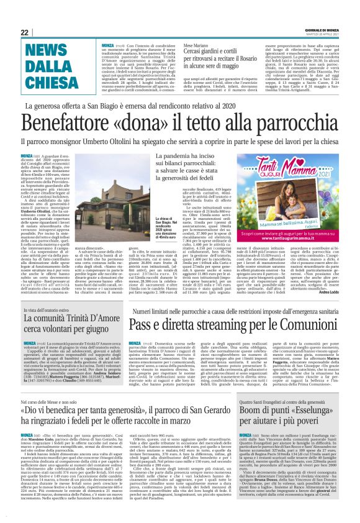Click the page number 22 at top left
[x=25, y=32]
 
